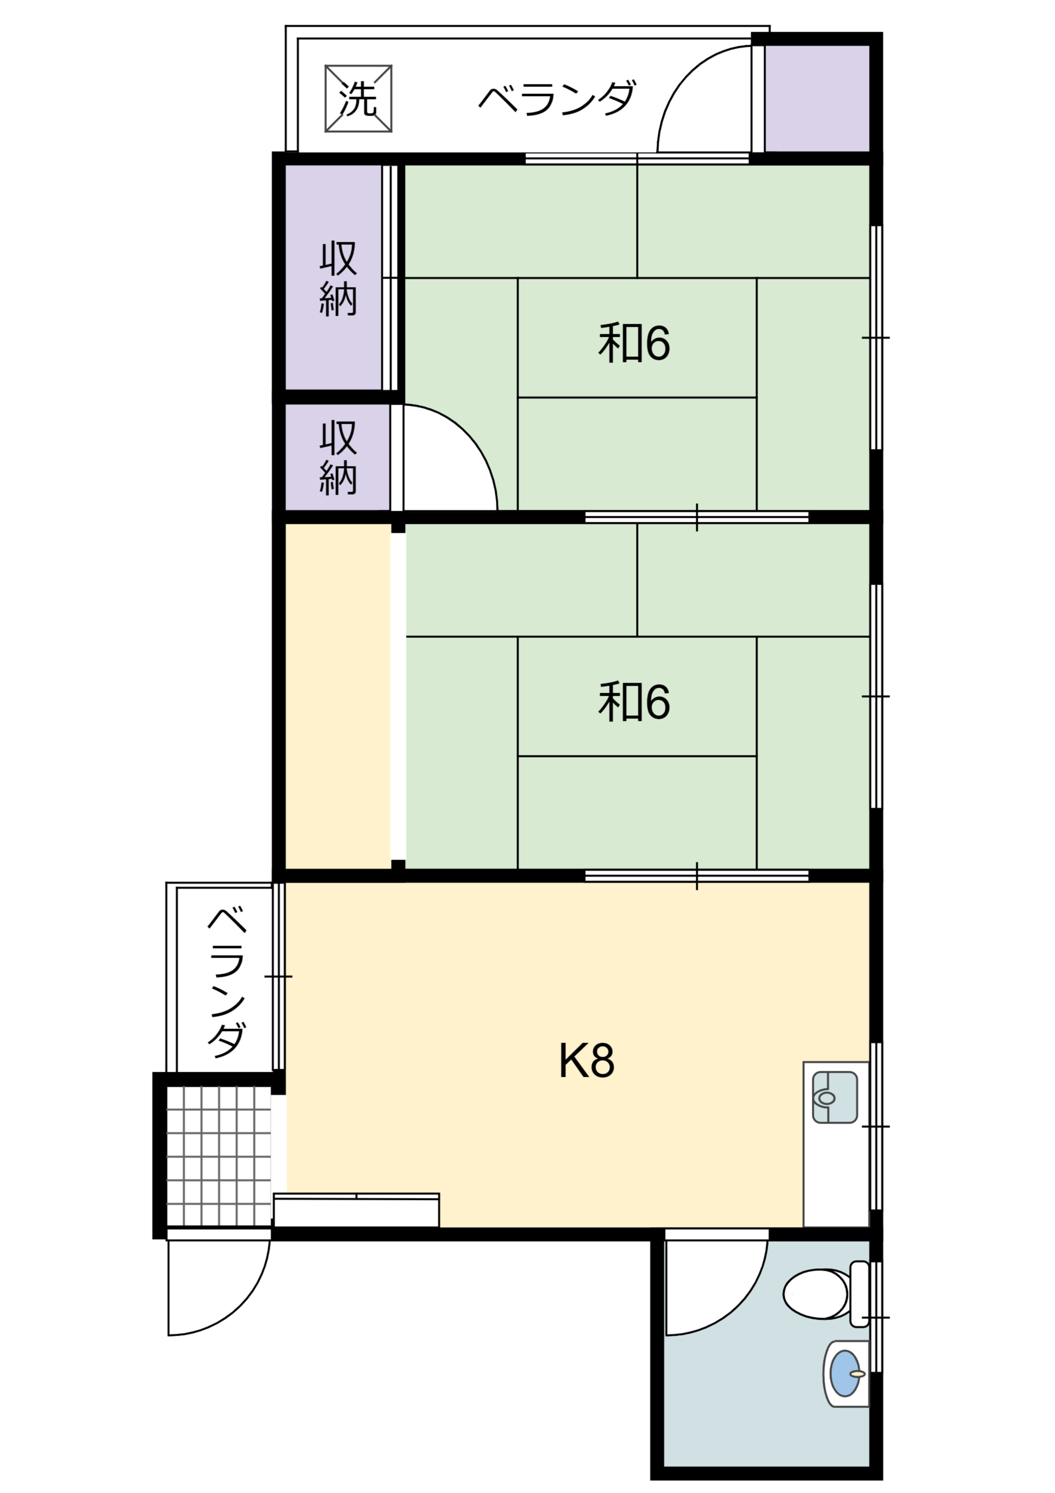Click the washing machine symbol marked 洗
(x=358, y=98)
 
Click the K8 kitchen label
(x=586, y=1061)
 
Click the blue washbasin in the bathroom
(x=845, y=1373)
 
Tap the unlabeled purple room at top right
(x=817, y=98)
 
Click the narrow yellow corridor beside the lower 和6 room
(x=338, y=696)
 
